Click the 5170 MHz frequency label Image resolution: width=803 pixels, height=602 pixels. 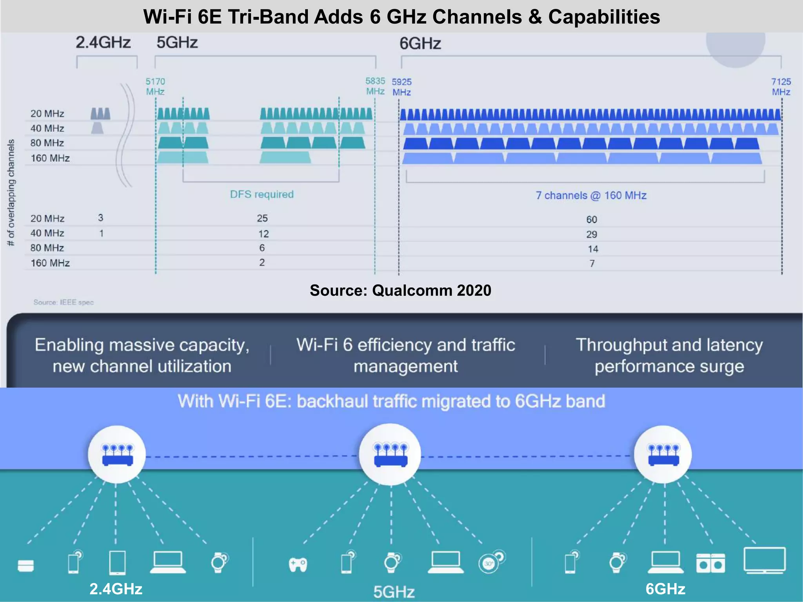tap(155, 86)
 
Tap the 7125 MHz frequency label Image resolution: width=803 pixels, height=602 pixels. tap(781, 87)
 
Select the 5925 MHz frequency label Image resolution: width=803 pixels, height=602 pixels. tap(401, 87)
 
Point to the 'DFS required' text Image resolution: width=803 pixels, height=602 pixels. tap(262, 194)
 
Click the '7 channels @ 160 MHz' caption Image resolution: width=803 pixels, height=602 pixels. tap(591, 195)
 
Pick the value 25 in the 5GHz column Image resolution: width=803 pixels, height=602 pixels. tap(262, 218)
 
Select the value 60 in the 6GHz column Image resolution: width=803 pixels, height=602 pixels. tap(592, 219)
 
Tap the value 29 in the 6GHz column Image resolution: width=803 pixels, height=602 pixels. tap(592, 234)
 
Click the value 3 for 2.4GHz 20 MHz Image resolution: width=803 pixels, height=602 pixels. tap(101, 218)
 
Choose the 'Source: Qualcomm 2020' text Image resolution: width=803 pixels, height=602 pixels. tap(400, 290)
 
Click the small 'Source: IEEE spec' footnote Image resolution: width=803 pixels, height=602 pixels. tap(64, 302)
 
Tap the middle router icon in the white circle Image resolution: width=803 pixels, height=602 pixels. tap(391, 455)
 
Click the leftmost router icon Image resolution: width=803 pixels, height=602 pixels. tap(117, 455)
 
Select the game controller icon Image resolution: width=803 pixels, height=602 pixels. tap(298, 564)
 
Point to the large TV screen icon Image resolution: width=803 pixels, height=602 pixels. tap(765, 560)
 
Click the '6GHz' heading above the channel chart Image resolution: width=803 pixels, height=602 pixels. tap(420, 44)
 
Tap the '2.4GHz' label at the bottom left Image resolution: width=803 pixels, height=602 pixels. tap(116, 589)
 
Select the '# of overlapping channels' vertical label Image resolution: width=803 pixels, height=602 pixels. tap(11, 192)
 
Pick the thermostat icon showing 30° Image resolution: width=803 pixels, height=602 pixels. tap(490, 563)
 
